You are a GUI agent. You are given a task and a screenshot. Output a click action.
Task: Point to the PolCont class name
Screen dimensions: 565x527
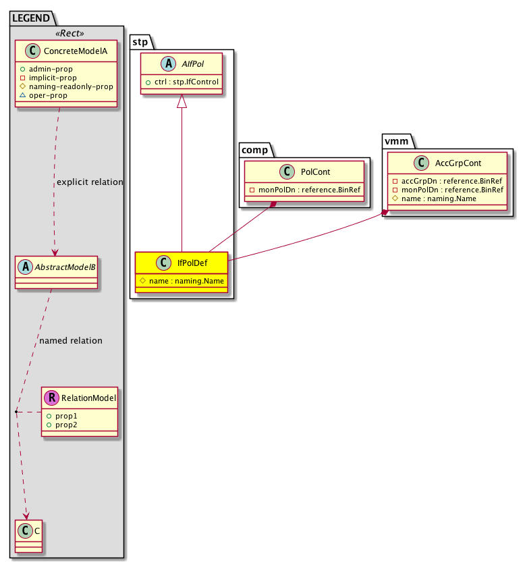pyautogui.click(x=316, y=172)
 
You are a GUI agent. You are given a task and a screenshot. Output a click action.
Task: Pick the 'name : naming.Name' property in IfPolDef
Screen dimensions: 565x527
pyautogui.click(x=182, y=281)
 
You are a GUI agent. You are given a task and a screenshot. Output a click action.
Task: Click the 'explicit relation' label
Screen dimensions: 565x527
pyautogui.click(x=90, y=182)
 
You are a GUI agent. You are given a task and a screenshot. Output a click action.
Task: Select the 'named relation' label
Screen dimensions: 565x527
pyautogui.click(x=71, y=341)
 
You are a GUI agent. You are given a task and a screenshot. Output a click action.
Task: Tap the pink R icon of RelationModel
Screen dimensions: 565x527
pyautogui.click(x=51, y=398)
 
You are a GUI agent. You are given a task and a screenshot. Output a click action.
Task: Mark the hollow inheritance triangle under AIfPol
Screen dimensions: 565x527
pyautogui.click(x=182, y=101)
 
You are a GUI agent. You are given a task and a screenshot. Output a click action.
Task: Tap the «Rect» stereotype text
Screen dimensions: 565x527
pyautogui.click(x=66, y=32)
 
